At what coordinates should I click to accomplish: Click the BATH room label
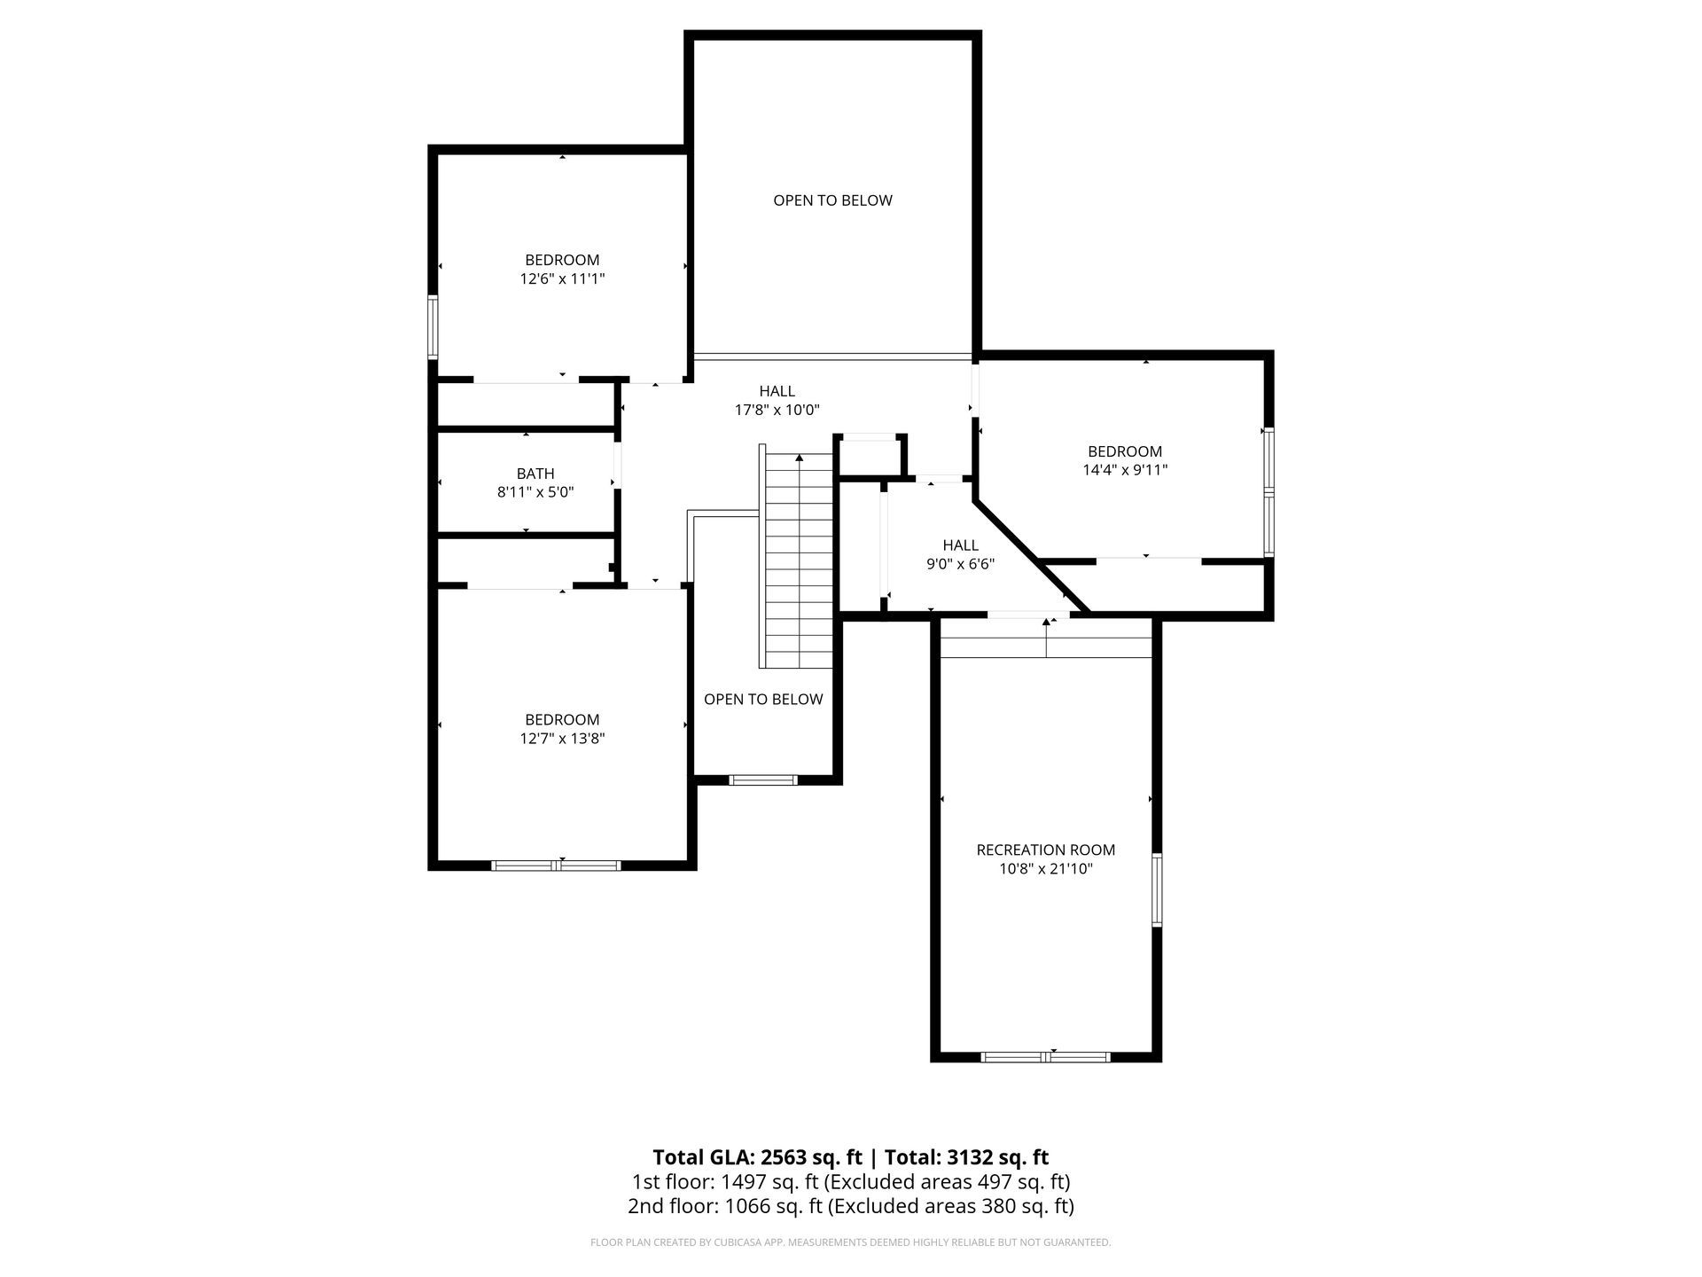(535, 474)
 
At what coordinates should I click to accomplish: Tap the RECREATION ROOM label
(1045, 850)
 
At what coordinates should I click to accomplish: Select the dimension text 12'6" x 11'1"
(562, 278)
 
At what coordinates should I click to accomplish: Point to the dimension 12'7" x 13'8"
(562, 738)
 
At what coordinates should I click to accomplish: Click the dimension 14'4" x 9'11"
(1125, 470)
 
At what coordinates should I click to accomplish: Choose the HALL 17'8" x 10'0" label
(777, 400)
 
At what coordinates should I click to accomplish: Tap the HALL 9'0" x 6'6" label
(960, 554)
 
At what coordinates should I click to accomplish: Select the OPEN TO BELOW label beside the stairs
(763, 699)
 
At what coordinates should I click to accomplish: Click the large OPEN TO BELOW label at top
(832, 200)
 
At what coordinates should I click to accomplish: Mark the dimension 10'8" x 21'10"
(1045, 869)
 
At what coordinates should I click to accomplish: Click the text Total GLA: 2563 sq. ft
(757, 1157)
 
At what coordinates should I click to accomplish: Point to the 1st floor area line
(850, 1182)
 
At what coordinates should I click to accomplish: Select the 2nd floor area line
(850, 1206)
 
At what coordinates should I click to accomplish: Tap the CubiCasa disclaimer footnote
(850, 1242)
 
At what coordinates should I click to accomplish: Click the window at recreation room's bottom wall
(1045, 1056)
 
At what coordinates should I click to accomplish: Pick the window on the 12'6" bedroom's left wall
(433, 326)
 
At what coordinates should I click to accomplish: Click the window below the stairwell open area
(763, 780)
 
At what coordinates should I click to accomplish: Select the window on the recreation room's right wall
(1157, 890)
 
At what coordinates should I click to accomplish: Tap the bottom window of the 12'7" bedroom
(556, 865)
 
